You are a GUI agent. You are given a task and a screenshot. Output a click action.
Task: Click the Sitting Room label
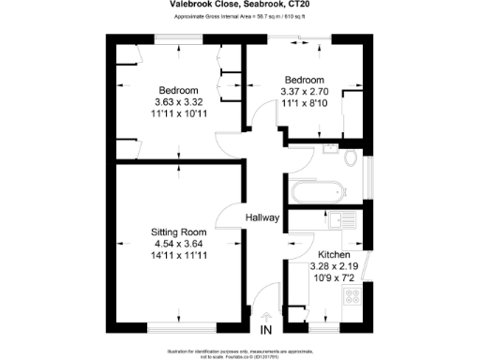click(179, 232)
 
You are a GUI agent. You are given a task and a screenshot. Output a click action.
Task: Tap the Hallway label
click(263, 217)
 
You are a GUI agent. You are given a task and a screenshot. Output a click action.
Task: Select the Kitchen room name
click(335, 255)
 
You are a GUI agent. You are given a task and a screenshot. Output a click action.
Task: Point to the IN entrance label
click(265, 330)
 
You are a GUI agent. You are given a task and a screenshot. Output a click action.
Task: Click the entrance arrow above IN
click(265, 316)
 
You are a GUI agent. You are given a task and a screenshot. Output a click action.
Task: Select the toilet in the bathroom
click(352, 160)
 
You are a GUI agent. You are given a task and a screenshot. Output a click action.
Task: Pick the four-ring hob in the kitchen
click(353, 298)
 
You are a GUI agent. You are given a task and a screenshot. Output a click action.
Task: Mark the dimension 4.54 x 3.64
click(179, 243)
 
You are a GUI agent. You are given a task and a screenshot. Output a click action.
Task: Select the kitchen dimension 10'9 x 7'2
click(335, 277)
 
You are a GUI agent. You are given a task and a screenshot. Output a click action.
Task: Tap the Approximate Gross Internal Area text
click(239, 17)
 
